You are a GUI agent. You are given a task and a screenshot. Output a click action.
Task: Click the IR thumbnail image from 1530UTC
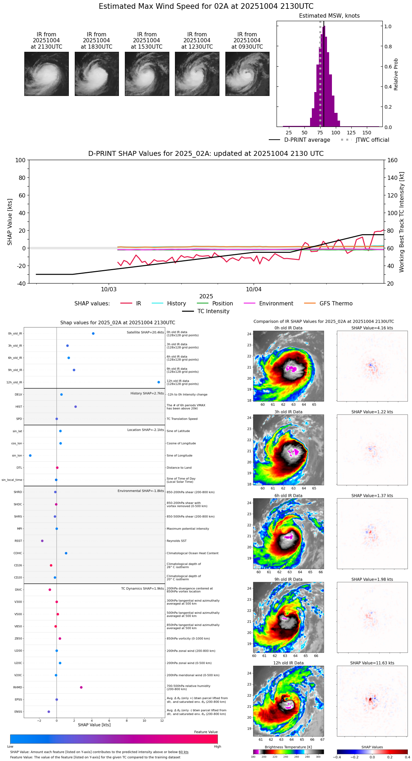pos(147,74)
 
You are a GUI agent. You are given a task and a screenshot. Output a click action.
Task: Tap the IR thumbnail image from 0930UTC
pos(247,74)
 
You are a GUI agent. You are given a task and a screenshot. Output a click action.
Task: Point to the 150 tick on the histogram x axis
pos(367,133)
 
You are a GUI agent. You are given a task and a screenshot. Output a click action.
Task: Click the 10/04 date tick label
pos(254,290)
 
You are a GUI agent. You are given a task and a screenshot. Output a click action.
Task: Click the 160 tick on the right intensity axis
pos(392,160)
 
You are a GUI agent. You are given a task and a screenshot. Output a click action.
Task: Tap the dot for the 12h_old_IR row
pos(159,382)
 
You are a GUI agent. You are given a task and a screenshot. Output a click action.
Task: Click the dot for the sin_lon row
pos(30,456)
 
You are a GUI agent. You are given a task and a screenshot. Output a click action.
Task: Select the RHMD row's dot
pos(81,687)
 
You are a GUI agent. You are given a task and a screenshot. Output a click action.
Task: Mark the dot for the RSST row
pos(42,541)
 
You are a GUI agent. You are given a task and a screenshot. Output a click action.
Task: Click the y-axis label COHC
pos(18,553)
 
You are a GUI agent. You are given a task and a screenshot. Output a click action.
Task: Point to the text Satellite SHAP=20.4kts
pos(145,333)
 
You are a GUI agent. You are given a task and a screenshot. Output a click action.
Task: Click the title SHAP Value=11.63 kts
pos(372,663)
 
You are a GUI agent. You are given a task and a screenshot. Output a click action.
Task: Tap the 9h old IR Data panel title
pos(288,579)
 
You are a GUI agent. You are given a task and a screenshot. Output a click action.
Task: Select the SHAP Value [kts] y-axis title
pos(10,222)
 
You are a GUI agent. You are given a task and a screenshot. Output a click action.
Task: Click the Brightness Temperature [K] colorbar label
pos(288,747)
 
